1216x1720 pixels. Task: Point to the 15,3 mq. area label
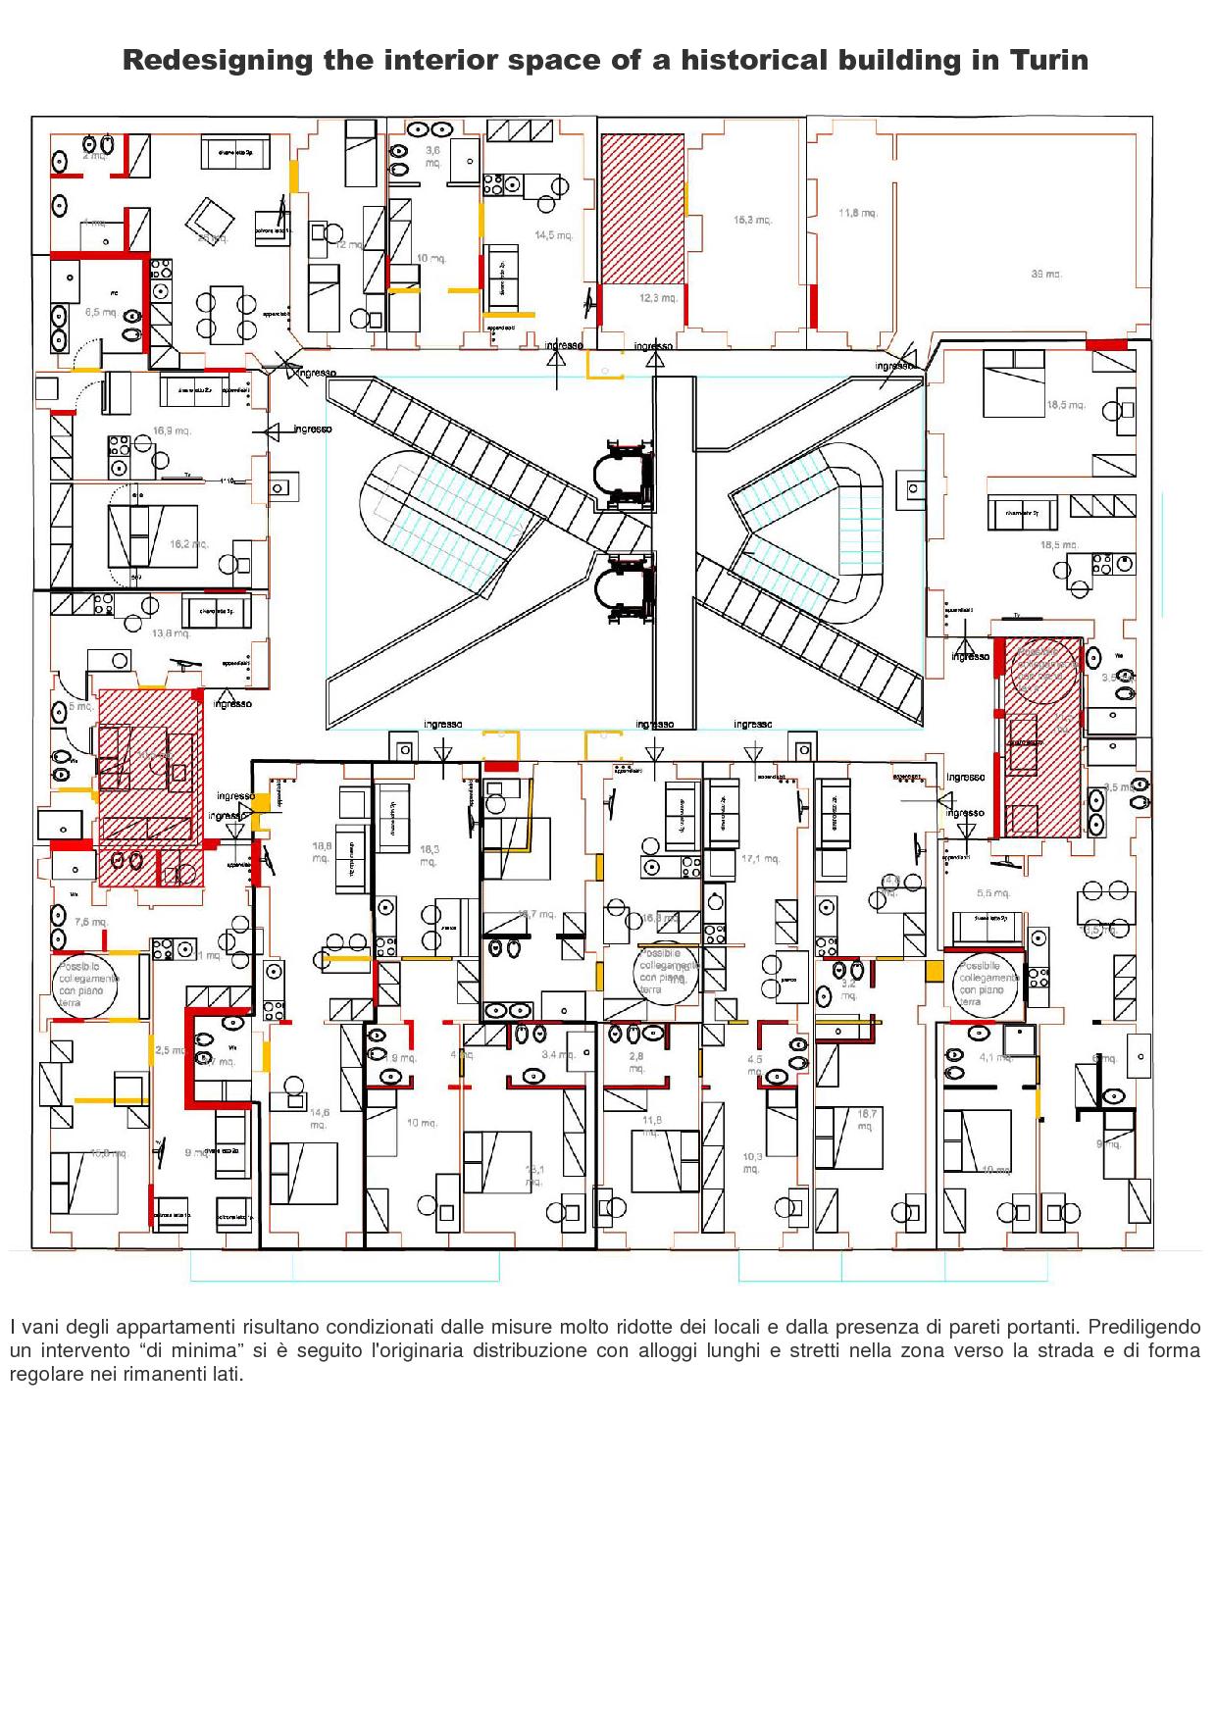tap(752, 220)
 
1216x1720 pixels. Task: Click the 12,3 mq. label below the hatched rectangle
tap(658, 298)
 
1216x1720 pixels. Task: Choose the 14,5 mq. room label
tap(552, 235)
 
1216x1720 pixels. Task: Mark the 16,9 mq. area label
tap(172, 430)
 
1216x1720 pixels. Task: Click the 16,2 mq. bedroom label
tap(189, 543)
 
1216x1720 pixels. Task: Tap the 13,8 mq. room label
tap(171, 633)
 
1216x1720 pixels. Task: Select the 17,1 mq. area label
tap(760, 859)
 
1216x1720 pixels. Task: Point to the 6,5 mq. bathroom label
tap(101, 312)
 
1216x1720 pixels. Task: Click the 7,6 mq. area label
tap(90, 923)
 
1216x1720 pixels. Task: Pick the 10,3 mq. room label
tap(752, 1163)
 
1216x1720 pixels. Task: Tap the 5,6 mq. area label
tap(992, 893)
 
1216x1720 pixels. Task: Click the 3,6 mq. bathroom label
tap(432, 157)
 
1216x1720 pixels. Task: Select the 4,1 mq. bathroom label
tap(994, 1057)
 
